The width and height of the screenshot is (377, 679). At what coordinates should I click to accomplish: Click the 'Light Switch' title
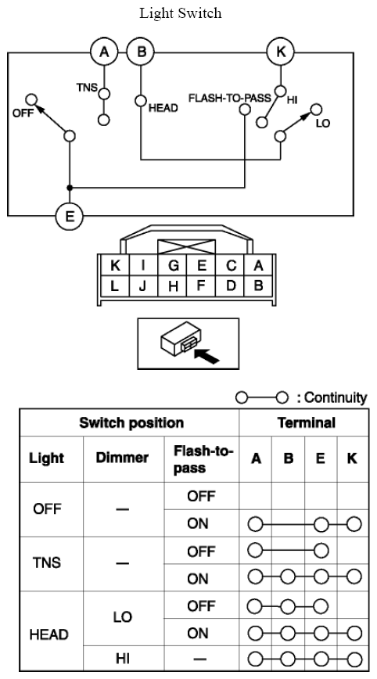coord(180,13)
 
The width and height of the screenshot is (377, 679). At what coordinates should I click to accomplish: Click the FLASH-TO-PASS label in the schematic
coord(229,99)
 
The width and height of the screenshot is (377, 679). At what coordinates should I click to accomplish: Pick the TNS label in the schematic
coord(87,87)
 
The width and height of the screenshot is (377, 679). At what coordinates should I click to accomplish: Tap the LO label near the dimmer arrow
coord(323,123)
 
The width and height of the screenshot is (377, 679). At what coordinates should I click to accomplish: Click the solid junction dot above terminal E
coord(70,188)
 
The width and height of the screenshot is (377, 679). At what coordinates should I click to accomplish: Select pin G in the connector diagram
coord(173,265)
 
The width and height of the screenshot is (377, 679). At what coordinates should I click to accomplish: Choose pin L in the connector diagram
coord(115,286)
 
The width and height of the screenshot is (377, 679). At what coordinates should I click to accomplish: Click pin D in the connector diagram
coord(231,286)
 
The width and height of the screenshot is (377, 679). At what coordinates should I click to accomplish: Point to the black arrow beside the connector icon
coord(207,355)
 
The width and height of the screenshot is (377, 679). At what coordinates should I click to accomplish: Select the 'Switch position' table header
coord(131,422)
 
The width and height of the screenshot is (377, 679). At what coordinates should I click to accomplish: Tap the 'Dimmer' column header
coord(122,458)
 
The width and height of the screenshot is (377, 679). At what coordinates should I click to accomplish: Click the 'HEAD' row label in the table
coord(49,635)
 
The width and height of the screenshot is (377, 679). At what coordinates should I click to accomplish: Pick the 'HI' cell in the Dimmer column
coord(123,659)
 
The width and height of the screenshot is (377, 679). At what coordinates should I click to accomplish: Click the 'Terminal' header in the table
coord(307,422)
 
